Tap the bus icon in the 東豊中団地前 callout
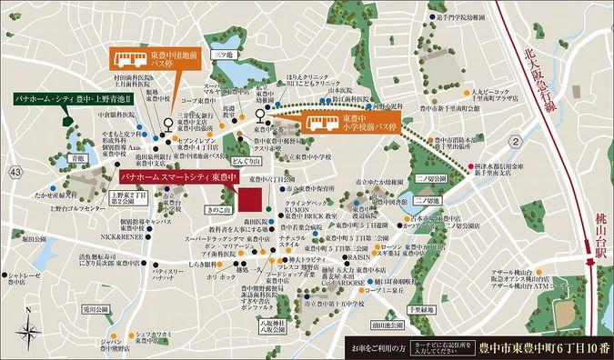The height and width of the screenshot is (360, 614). (x=123, y=60)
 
